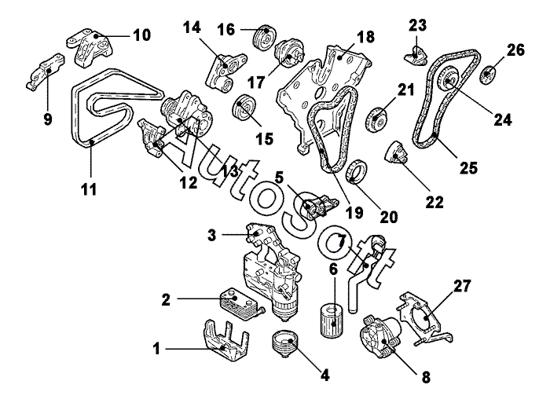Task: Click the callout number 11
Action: [x=89, y=190]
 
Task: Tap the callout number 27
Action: [x=462, y=286]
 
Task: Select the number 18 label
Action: [x=365, y=37]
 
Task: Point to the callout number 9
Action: [x=48, y=119]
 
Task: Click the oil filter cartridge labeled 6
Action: [x=332, y=321]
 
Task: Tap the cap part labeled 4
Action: [x=285, y=343]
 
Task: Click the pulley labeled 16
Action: [x=264, y=38]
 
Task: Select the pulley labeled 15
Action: [x=245, y=108]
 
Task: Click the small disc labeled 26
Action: [x=487, y=75]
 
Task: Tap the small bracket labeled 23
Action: [x=416, y=56]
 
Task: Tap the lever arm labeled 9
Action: [x=46, y=71]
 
